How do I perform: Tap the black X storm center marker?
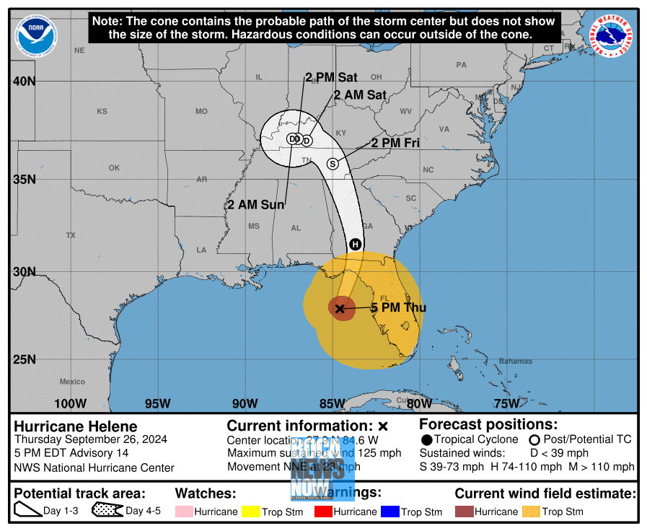(340, 308)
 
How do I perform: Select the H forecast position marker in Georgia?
(355, 245)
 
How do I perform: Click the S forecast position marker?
(333, 164)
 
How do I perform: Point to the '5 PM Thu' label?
(398, 308)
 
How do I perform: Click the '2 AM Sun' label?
(256, 205)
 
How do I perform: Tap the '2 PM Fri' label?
(395, 143)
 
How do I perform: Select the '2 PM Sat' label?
(332, 77)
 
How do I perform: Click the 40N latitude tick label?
(24, 81)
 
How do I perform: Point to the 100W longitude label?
(70, 403)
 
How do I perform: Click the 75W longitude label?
(506, 403)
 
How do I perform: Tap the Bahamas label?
(515, 361)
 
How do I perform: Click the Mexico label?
(72, 382)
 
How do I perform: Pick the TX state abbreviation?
(71, 235)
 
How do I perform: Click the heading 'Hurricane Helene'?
(76, 426)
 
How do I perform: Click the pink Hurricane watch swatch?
(183, 512)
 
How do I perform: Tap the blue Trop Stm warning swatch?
(389, 512)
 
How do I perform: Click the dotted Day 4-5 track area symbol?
(107, 511)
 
